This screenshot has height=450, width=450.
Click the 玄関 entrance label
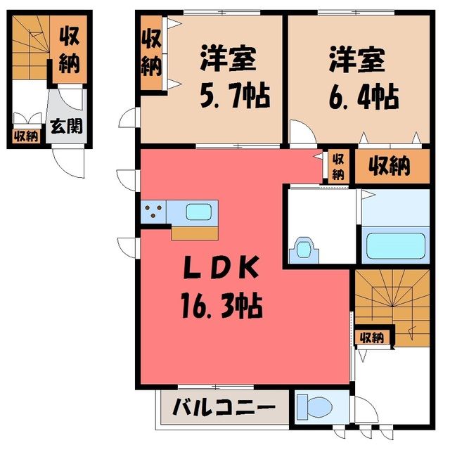[x=66, y=126]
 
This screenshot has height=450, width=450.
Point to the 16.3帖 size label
[x=222, y=306]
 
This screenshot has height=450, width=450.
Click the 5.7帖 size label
[x=235, y=96]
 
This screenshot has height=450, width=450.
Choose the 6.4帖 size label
[x=364, y=97]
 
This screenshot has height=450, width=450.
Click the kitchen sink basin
[x=198, y=212]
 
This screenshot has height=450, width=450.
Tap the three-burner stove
[x=153, y=211]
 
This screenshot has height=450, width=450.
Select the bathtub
[x=395, y=245]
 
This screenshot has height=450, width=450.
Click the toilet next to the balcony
[x=314, y=407]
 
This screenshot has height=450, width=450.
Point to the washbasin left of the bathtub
[x=304, y=250]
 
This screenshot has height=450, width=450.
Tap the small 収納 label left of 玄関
[x=27, y=136]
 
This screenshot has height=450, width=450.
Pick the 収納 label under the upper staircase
[x=372, y=337]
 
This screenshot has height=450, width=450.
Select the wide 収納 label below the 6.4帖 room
[x=390, y=166]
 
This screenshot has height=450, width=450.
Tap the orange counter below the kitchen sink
[x=195, y=233]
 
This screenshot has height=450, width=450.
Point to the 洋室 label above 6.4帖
[x=357, y=59]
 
